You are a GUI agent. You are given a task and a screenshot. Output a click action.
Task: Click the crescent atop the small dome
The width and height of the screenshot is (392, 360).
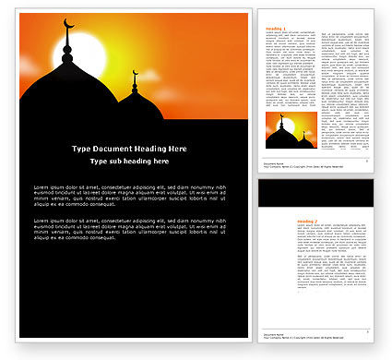pos(135,72)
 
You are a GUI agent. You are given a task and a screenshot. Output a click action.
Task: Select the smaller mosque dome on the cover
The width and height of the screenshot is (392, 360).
pos(134,106)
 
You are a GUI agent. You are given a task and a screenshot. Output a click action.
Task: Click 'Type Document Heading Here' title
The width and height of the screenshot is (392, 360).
pos(129,149)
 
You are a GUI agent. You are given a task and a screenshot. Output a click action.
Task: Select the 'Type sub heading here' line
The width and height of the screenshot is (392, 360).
pos(129,162)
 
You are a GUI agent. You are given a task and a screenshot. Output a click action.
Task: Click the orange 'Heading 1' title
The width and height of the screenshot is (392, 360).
pos(276,29)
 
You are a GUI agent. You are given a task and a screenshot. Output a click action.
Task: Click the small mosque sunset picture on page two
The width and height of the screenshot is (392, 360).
pos(291,131)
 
